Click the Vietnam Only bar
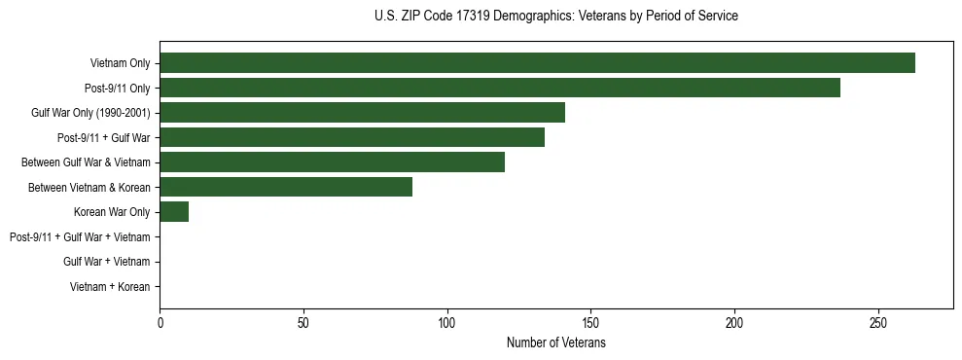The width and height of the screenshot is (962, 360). click(537, 63)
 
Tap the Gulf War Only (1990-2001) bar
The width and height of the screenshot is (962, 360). click(362, 113)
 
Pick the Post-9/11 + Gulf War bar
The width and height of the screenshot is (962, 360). click(352, 137)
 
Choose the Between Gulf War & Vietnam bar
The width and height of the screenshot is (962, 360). click(332, 162)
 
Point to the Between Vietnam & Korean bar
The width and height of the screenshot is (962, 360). click(286, 187)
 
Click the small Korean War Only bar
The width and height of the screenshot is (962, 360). click(174, 212)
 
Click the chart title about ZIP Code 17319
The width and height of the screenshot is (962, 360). click(555, 17)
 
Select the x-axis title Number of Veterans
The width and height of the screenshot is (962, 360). click(555, 343)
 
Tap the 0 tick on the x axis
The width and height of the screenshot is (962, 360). click(160, 322)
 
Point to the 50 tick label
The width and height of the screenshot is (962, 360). click(303, 322)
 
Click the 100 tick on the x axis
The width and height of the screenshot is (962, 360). click(447, 322)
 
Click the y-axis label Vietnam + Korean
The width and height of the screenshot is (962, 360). click(110, 287)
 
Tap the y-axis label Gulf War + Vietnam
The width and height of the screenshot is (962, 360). click(106, 262)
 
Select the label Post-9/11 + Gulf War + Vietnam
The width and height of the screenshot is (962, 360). click(80, 237)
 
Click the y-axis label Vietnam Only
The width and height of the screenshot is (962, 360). click(120, 63)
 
